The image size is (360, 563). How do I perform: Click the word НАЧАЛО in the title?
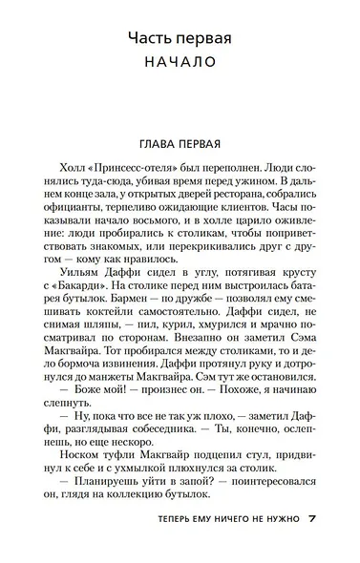tap(180, 64)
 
